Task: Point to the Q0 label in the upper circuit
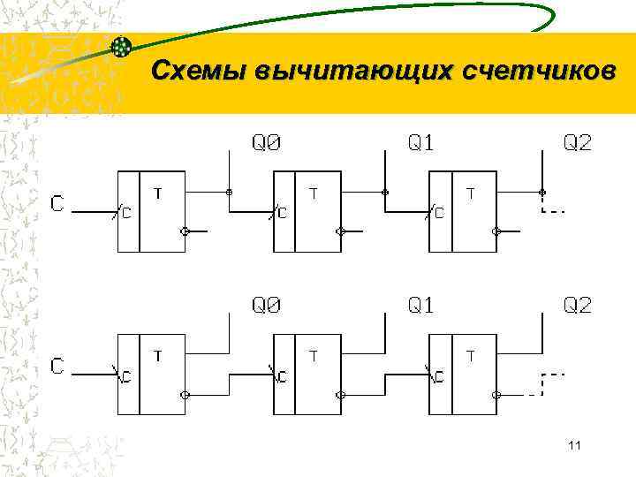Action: tap(267, 142)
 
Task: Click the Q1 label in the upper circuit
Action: tap(421, 142)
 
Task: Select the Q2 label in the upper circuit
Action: tap(578, 142)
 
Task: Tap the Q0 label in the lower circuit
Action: tap(267, 306)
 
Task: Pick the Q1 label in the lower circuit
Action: tap(421, 306)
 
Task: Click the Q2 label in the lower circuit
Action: tap(578, 306)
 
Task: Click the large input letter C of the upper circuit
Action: tap(57, 204)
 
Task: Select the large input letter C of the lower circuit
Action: tap(57, 367)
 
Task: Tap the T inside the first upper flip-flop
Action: tap(158, 192)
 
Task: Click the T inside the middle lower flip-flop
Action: tap(314, 355)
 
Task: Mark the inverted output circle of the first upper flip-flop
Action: tap(185, 232)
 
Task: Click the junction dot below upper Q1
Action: tap(385, 192)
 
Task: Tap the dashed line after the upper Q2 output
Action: tap(553, 211)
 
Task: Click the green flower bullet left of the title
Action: tap(122, 45)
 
